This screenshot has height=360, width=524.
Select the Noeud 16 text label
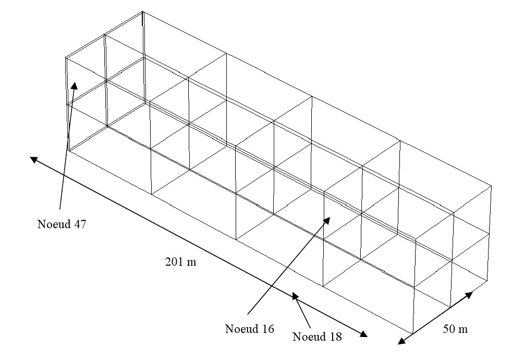(x=249, y=329)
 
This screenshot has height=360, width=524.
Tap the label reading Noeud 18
(x=317, y=336)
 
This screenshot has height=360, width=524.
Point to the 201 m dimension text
(x=180, y=262)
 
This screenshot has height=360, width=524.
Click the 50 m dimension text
(x=455, y=329)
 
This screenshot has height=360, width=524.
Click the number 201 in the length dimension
(x=174, y=262)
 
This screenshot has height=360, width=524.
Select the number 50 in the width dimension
(x=449, y=329)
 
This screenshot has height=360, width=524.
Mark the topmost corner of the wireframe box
(x=143, y=11)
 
